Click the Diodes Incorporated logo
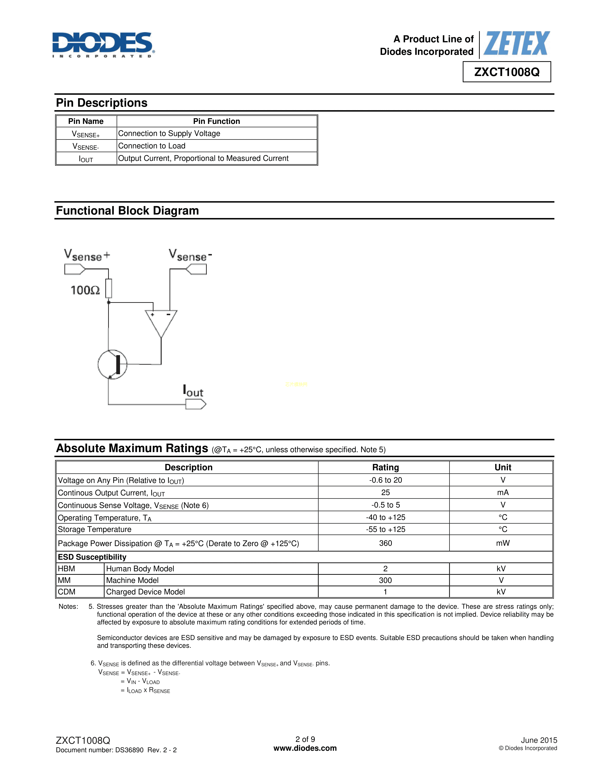coord(103,45)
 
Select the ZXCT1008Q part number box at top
coord(506,72)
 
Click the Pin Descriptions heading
coord(102,103)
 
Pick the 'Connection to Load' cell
coord(152,146)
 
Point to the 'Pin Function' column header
coord(217,121)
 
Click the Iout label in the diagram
coord(193,391)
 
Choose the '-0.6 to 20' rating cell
coord(385,480)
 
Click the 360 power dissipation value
coord(385,543)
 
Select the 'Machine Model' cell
coord(133,580)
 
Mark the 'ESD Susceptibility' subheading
coord(92,557)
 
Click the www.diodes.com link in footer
coord(305,748)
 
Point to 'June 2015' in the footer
coord(539,740)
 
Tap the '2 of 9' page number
coord(305,739)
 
